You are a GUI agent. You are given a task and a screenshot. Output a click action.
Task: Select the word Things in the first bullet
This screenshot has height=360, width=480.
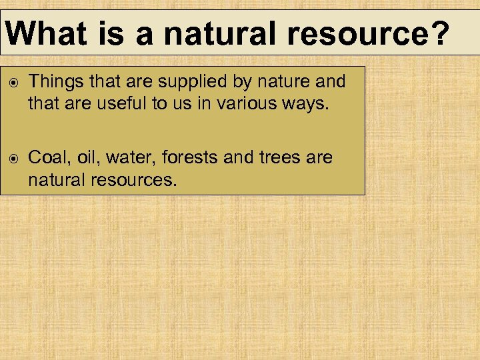pos(55,82)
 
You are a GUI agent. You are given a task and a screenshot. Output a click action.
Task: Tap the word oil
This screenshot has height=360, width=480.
pos(87,159)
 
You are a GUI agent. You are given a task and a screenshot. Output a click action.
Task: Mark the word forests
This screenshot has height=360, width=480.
pos(185,159)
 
